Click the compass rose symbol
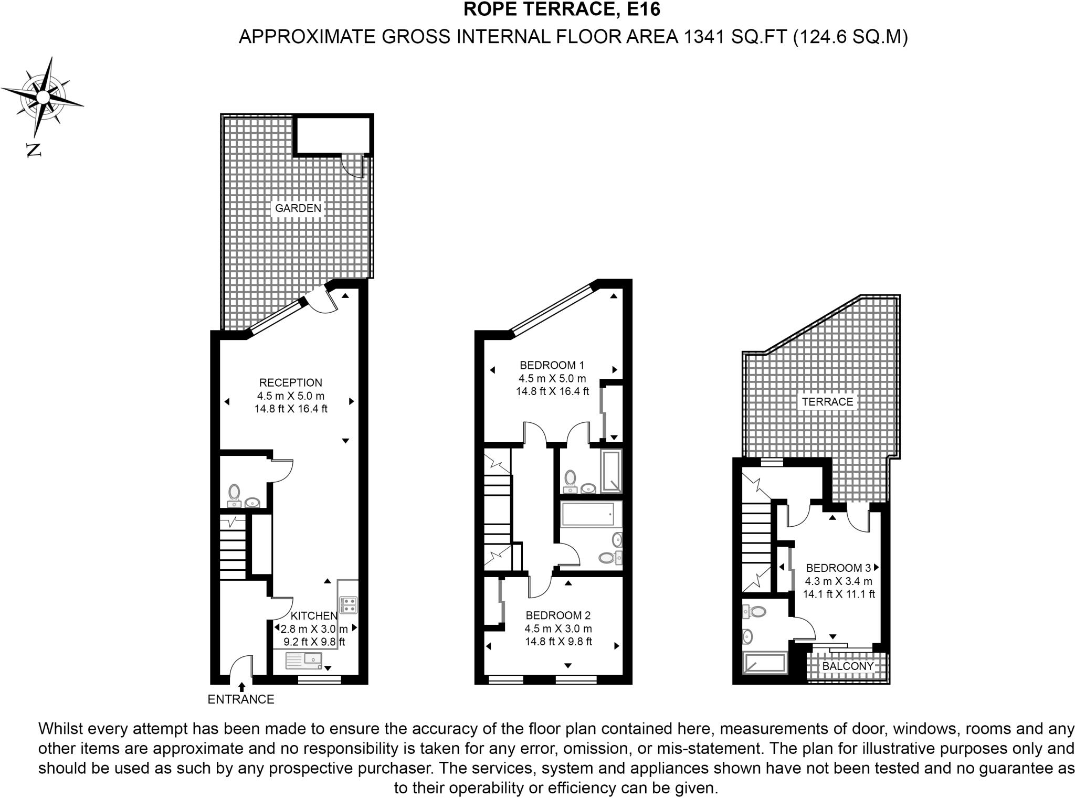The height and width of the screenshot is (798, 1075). [43, 97]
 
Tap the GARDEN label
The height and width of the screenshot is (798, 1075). [298, 208]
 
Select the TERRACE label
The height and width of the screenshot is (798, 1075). [827, 402]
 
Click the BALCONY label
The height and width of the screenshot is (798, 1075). [848, 666]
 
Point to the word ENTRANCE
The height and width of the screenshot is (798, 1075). [241, 699]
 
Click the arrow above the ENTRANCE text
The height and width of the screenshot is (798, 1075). [241, 687]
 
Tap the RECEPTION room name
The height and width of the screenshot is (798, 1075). [291, 383]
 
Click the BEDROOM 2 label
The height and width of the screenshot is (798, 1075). [558, 615]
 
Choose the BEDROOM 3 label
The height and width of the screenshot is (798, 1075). [838, 568]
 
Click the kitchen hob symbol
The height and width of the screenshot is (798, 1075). [349, 605]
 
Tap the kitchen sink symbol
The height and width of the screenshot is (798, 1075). [304, 661]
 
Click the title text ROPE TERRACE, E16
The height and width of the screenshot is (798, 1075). [562, 10]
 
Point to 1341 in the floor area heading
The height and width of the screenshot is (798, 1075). [701, 37]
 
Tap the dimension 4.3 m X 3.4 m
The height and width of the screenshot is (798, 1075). [838, 581]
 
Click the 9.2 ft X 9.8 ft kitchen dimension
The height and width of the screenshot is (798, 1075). [314, 642]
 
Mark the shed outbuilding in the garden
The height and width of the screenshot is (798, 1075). [332, 134]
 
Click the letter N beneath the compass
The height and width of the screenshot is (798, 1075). [34, 151]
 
